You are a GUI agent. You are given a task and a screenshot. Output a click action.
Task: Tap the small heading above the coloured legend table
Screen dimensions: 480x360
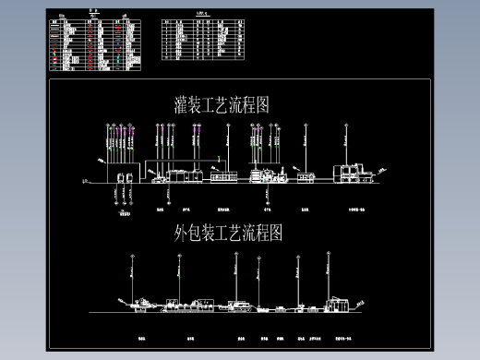92,14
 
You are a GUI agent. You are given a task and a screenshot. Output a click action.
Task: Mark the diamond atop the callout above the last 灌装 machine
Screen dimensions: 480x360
346,124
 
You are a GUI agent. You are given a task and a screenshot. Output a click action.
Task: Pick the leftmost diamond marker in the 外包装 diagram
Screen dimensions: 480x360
131,254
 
